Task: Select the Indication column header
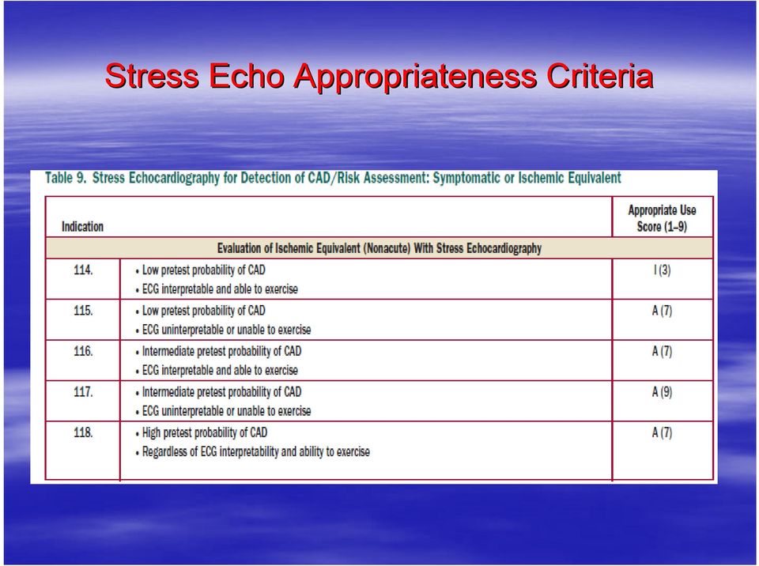pos(82,227)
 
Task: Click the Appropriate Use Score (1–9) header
pos(662,218)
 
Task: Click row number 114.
pos(83,270)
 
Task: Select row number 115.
pos(83,311)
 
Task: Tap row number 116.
pos(83,352)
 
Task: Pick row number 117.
pos(83,392)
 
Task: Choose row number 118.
pos(83,433)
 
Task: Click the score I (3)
pos(663,270)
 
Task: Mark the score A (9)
pos(663,392)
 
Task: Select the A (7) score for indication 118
pos(663,433)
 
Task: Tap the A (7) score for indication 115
pos(663,311)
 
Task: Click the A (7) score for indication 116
pos(663,352)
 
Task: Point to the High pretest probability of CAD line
pos(202,433)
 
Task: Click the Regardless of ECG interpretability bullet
pos(253,452)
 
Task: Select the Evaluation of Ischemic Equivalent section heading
pos(379,248)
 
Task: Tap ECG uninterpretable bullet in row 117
pos(223,412)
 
